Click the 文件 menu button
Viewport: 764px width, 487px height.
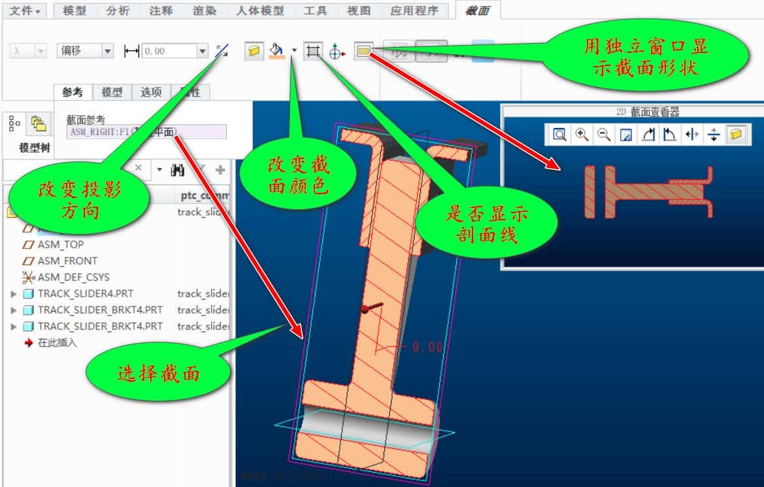[26, 11]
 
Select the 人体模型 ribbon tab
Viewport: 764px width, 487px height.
[260, 11]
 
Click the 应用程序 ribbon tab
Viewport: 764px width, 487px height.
[414, 11]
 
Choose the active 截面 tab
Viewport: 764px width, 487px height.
[478, 11]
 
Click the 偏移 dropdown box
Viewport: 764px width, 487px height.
[85, 51]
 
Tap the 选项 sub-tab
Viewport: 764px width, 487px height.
[151, 92]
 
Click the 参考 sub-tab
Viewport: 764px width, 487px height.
[73, 92]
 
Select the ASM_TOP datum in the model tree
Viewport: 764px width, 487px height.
[61, 244]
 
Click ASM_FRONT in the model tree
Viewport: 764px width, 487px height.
[67, 261]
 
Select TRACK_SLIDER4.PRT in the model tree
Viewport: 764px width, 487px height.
[85, 294]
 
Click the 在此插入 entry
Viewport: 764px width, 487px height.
[57, 343]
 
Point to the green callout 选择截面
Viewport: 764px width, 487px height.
[158, 374]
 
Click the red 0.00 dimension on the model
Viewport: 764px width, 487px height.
[427, 347]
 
